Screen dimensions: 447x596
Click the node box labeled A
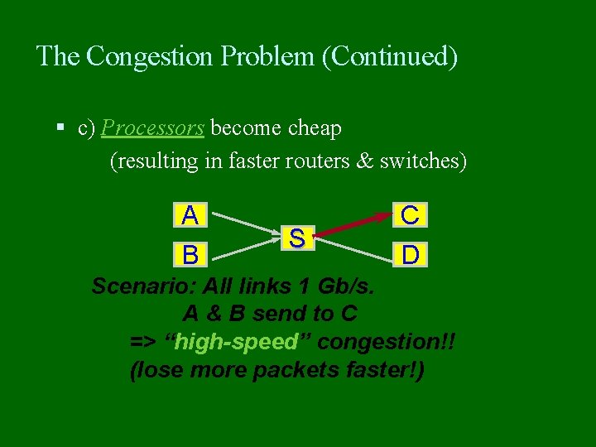tap(190, 215)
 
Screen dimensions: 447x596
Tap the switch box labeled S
tap(296, 238)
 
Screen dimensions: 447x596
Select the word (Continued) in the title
tap(389, 56)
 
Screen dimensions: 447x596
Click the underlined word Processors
tap(153, 128)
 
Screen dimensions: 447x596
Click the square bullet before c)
tap(60, 128)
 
